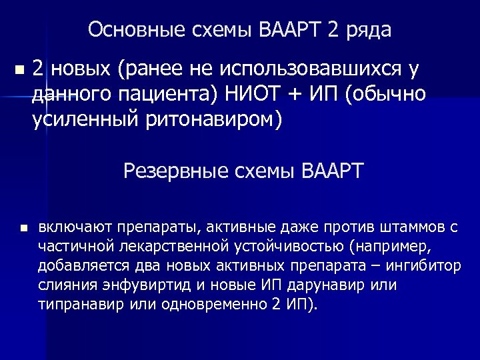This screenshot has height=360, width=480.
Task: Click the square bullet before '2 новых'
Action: pos(18,69)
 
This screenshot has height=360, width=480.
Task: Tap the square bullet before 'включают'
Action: pos(23,228)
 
